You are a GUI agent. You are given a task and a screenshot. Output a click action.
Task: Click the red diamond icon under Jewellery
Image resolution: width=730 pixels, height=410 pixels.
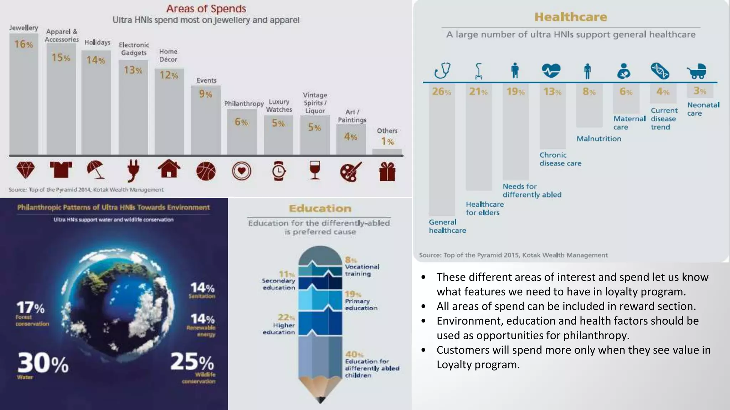[x=26, y=170]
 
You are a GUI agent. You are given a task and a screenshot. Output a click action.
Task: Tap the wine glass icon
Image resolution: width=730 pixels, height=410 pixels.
[x=315, y=170]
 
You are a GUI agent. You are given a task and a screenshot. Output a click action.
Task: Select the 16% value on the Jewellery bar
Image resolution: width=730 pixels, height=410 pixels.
[x=24, y=44]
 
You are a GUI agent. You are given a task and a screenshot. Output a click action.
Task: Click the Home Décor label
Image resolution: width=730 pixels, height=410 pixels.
[x=168, y=56]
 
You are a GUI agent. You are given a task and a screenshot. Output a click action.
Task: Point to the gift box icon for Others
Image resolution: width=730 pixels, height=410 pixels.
[x=387, y=172]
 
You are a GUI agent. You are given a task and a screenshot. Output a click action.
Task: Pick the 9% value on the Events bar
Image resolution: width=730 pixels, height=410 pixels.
[x=206, y=94]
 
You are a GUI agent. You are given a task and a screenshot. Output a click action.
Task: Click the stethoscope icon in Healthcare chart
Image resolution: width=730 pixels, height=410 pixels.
[x=442, y=70]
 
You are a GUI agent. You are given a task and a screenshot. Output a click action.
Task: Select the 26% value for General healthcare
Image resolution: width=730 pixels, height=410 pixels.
[x=441, y=92]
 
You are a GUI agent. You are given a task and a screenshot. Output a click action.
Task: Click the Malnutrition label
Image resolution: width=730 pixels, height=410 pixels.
[x=599, y=139]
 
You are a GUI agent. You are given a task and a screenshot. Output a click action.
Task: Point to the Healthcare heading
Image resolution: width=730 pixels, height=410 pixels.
[x=571, y=17]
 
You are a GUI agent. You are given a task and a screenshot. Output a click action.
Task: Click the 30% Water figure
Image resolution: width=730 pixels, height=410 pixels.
[x=43, y=363]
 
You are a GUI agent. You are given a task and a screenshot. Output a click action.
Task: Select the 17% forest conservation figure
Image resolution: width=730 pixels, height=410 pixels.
[x=30, y=307]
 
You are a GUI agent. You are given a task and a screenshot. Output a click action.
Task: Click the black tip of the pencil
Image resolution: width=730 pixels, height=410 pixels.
[x=320, y=400]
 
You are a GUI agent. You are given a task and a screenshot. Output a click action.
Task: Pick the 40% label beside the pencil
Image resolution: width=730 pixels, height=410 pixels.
[x=354, y=354]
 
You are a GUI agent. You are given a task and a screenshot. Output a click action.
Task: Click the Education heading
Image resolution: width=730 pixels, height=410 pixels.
[x=320, y=209]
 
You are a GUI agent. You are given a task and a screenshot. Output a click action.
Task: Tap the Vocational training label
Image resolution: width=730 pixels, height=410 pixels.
[x=362, y=270]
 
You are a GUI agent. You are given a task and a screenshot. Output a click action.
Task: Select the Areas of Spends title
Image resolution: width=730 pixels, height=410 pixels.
[x=206, y=9]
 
